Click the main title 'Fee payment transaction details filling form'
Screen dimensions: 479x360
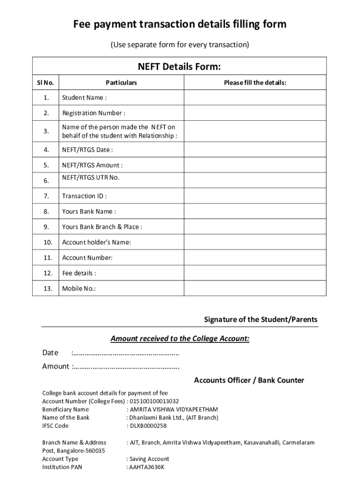point(180,24)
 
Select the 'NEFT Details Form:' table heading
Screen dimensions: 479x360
point(179,67)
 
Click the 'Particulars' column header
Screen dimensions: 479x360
point(121,83)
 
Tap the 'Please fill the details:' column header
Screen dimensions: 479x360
point(255,83)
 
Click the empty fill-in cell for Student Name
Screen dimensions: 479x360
point(255,98)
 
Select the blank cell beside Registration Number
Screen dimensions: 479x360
point(255,113)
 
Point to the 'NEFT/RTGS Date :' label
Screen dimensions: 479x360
point(87,150)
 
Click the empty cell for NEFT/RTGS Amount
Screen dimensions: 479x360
point(255,165)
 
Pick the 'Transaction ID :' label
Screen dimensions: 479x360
point(84,196)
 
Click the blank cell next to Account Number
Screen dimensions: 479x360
point(255,258)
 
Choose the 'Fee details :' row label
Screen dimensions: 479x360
point(79,273)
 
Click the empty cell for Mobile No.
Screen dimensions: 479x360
point(255,289)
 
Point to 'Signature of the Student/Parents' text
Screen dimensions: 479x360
point(260,319)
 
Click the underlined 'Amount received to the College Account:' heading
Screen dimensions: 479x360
point(180,339)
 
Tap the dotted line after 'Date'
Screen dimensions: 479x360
point(125,353)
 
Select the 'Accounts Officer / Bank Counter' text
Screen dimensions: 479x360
point(249,380)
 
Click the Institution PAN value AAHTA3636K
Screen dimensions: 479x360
point(147,467)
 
